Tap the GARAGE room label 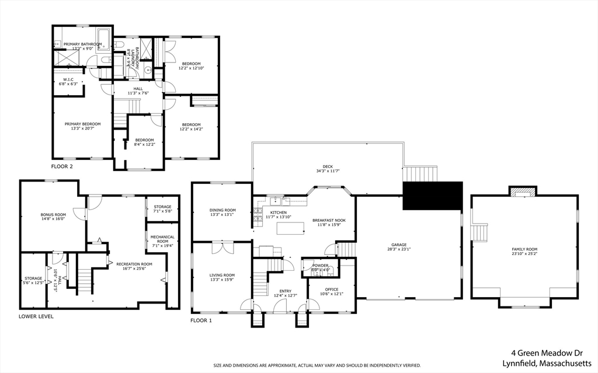click(399, 245)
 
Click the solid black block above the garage click(432, 195)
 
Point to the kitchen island click(290, 228)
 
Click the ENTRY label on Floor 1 click(285, 290)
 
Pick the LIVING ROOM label click(222, 275)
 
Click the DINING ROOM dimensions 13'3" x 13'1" click(222, 214)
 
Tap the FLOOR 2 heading click(62, 166)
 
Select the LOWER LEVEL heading click(36, 316)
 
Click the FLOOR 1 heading click(201, 320)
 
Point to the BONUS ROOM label click(53, 215)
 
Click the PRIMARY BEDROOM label click(82, 124)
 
